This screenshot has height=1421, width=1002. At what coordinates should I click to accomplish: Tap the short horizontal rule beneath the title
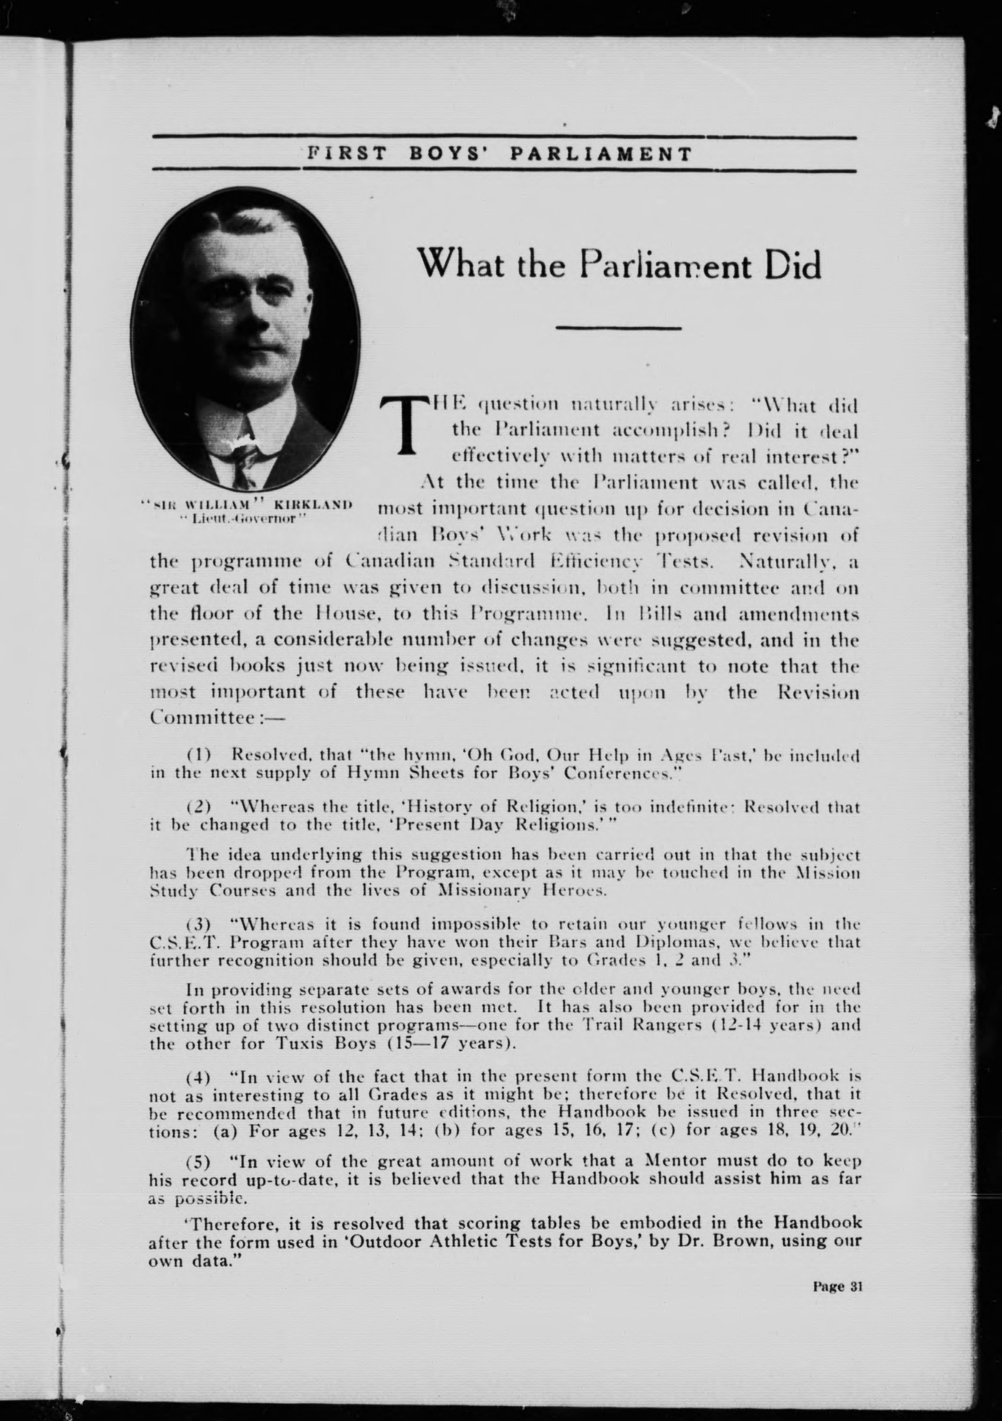tap(618, 328)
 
